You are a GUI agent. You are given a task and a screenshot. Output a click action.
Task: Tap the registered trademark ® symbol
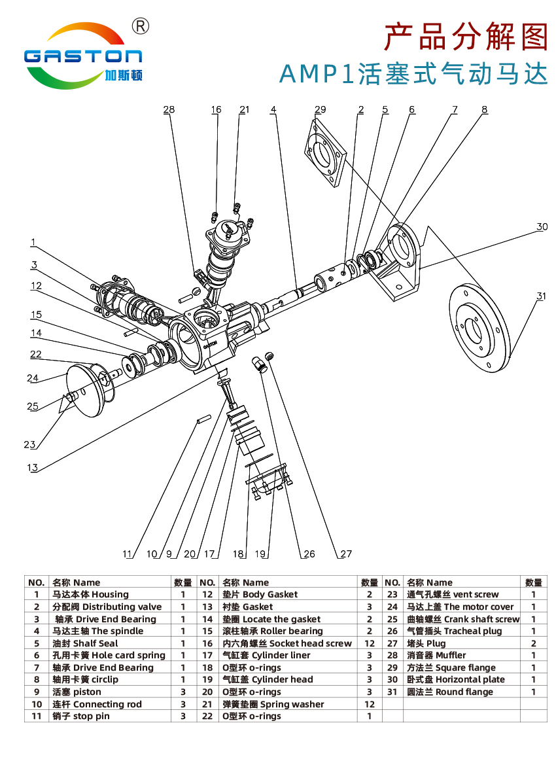[141, 26]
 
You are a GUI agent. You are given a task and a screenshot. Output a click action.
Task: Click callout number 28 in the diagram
[169, 110]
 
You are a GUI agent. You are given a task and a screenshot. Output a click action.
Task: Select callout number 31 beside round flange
[540, 296]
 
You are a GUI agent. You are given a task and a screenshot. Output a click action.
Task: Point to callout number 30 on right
[542, 227]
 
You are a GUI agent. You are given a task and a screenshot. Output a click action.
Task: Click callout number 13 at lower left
[32, 468]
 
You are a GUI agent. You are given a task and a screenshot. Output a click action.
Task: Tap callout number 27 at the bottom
[345, 554]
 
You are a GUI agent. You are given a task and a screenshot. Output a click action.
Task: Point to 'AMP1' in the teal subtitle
[316, 74]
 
